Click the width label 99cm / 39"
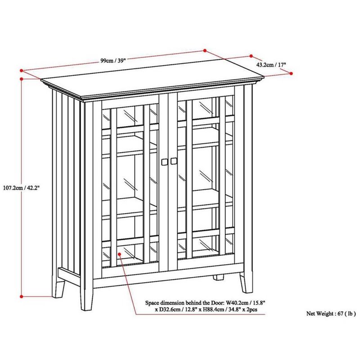pyautogui.click(x=113, y=61)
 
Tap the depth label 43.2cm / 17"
pyautogui.click(x=271, y=65)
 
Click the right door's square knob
pyautogui.click(x=174, y=161)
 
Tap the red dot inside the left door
pyautogui.click(x=120, y=255)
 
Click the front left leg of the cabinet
pyautogui.click(x=86, y=297)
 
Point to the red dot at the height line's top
pyautogui.click(x=22, y=78)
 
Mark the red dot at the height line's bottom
pyautogui.click(x=22, y=296)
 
